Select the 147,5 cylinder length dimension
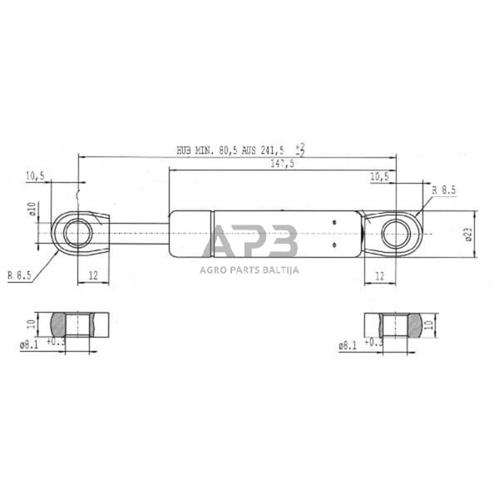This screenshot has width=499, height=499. (281, 165)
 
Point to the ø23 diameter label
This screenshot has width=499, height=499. (468, 234)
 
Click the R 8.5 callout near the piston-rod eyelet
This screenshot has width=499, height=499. (21, 274)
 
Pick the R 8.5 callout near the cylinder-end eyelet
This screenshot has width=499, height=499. (443, 190)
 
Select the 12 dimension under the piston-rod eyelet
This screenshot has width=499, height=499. (93, 275)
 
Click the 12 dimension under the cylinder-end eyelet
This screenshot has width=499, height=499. (380, 275)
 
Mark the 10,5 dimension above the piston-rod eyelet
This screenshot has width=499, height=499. (35, 175)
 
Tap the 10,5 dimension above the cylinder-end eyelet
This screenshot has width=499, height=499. (378, 176)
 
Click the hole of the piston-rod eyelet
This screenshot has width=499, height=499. (78, 234)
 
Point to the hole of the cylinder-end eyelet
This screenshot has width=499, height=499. (396, 234)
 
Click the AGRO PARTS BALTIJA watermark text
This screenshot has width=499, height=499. (249, 269)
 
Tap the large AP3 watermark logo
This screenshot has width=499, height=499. (249, 242)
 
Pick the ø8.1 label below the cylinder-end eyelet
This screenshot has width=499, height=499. (348, 343)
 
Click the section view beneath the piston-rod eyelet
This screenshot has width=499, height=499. (81, 324)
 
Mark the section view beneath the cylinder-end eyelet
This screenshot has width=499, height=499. (394, 324)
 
